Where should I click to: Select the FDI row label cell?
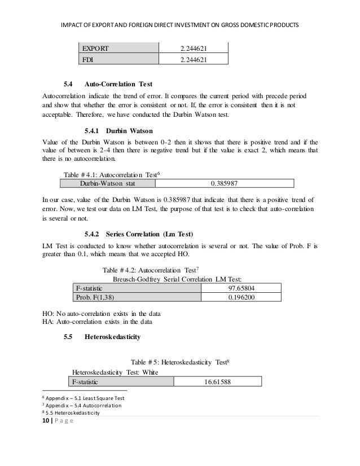pyautogui.click(x=89, y=59)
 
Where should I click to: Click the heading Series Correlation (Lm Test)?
pyautogui.click(x=154, y=234)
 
